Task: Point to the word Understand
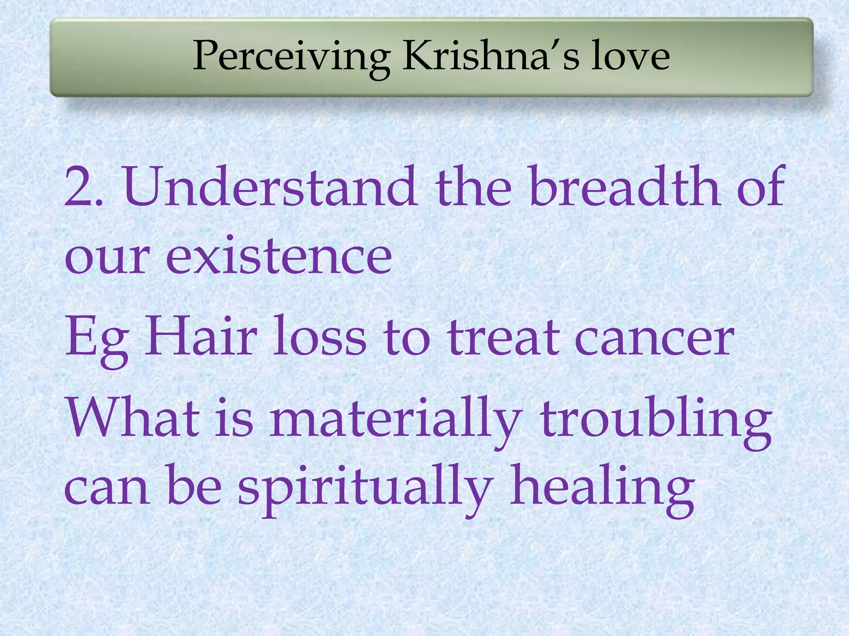click(x=270, y=186)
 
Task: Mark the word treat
click(x=504, y=337)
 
